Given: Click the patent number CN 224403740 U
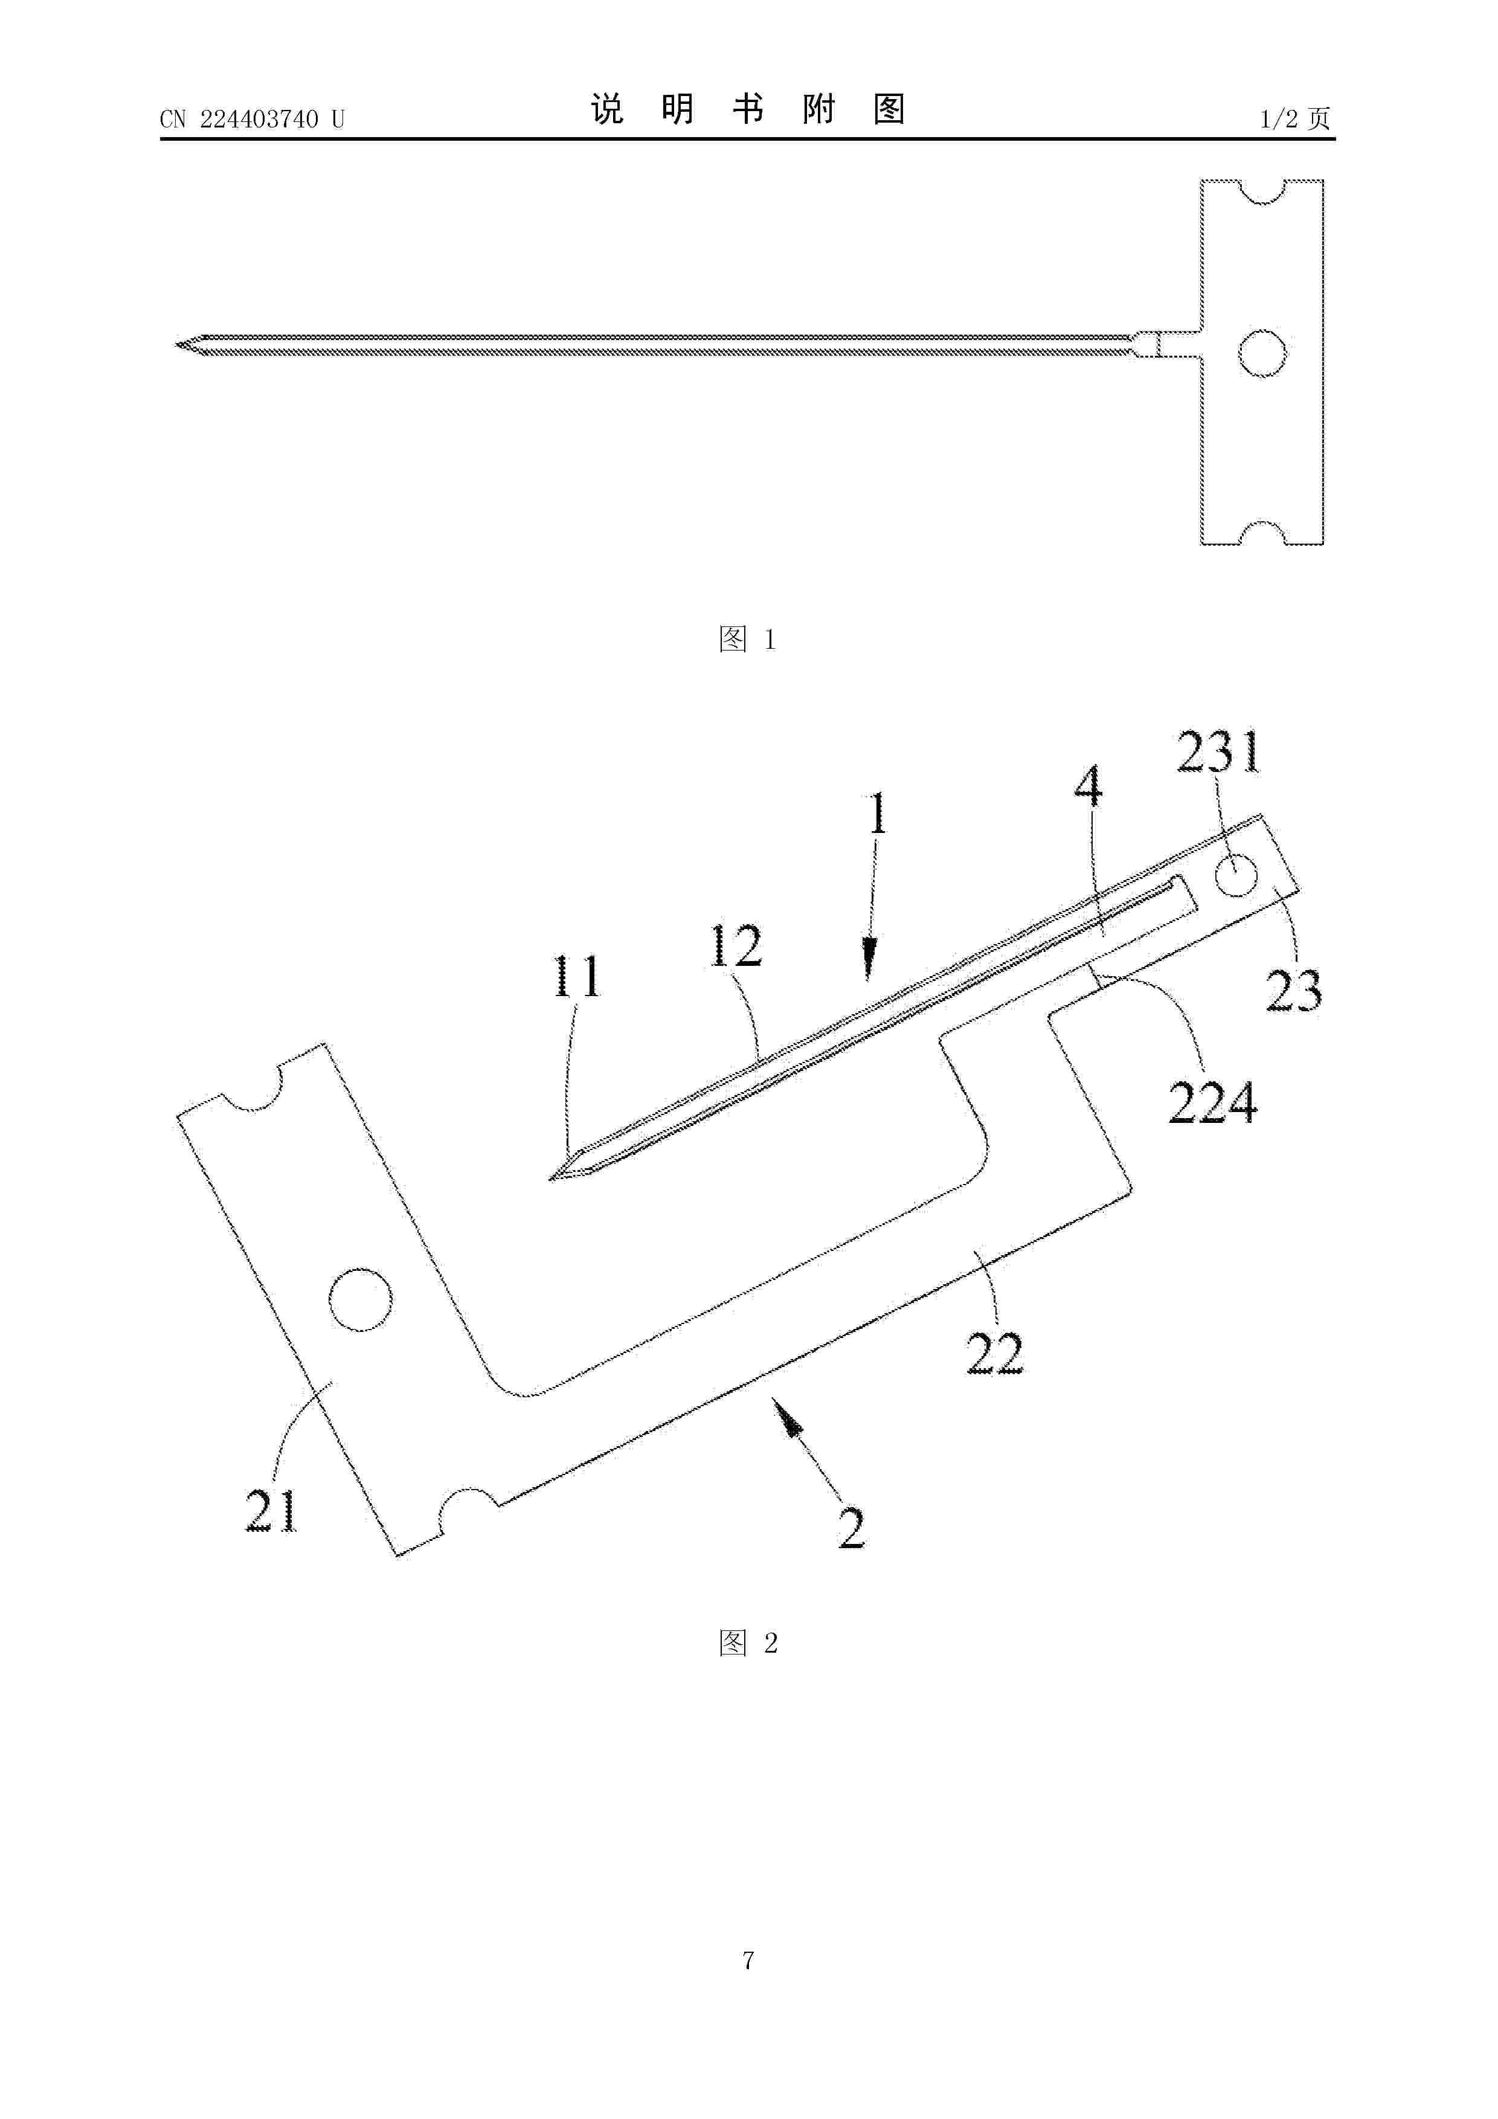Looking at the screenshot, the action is [252, 119].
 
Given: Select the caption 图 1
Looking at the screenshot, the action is [748, 638].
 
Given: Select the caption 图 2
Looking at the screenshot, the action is [748, 1642].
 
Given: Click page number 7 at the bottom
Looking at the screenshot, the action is [748, 1960].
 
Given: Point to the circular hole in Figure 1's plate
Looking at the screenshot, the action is [1262, 353].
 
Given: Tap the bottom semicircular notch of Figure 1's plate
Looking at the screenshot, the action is [1262, 533].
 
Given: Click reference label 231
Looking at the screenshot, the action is [1218, 753].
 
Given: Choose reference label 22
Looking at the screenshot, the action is [995, 1354].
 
